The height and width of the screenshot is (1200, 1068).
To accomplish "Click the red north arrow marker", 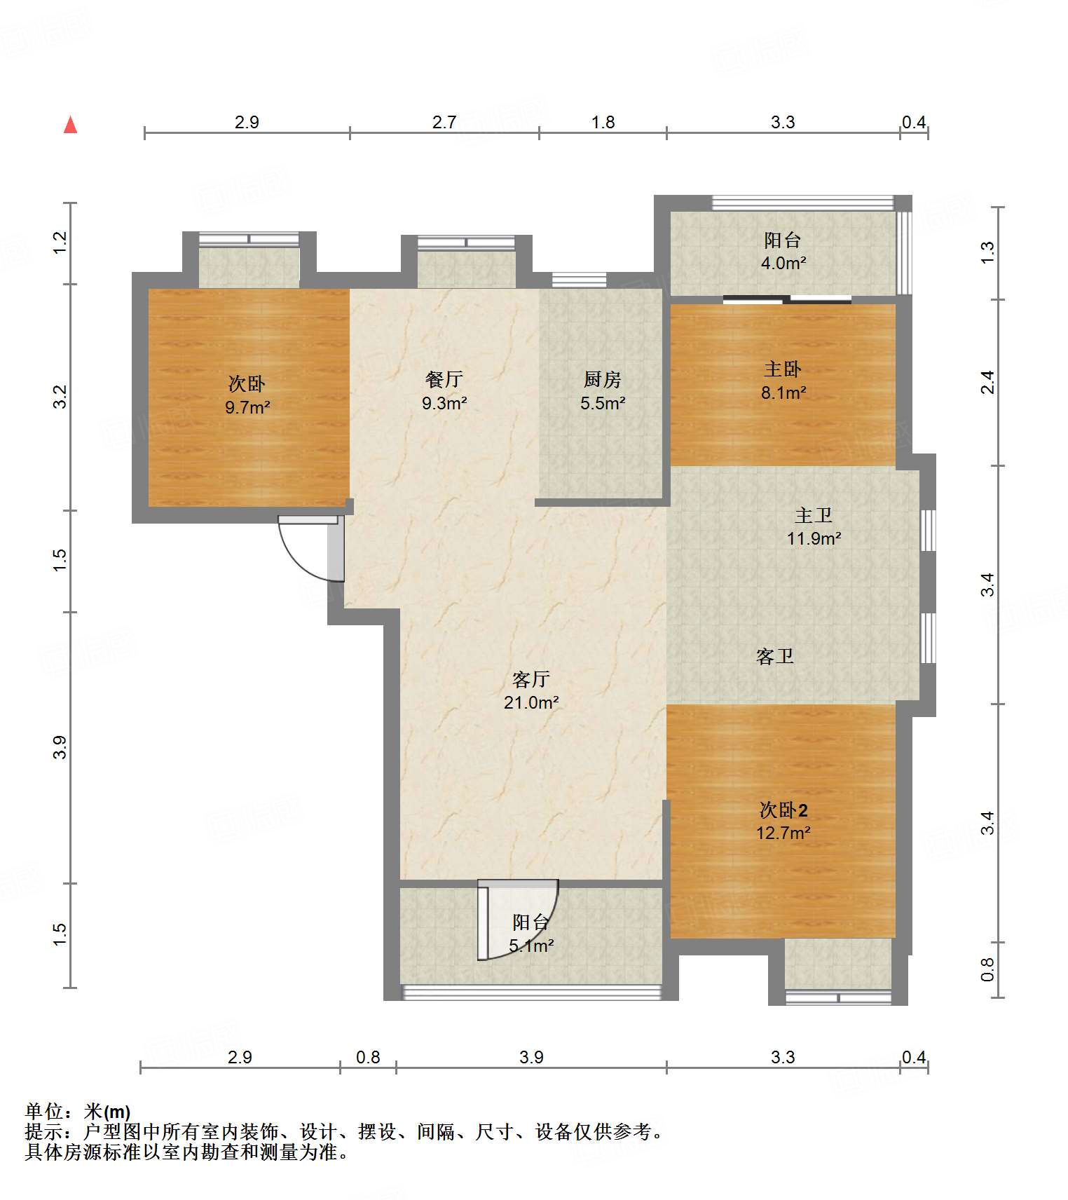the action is coord(70,125).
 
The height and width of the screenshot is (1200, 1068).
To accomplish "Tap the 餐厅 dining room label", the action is coord(444,379).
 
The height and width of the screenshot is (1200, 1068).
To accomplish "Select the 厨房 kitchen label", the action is coord(603,379).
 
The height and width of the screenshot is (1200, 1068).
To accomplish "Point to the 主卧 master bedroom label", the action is coord(783,369).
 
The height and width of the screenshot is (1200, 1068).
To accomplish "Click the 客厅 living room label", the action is coord(531,679).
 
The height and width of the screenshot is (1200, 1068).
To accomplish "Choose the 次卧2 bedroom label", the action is coord(783,810).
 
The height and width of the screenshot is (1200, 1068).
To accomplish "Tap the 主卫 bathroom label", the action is coord(814,515).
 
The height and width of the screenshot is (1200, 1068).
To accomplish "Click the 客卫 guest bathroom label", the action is coord(775,656).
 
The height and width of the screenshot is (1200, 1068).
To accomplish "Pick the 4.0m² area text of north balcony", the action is coord(783,264).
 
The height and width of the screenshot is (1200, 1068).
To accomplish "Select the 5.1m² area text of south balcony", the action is coord(531,946).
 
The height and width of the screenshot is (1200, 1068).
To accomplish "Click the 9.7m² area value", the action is coord(247,407).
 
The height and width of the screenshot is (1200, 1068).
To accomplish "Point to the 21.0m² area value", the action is coord(531,702).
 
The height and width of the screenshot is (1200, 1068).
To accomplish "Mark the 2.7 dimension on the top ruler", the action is coord(444,123).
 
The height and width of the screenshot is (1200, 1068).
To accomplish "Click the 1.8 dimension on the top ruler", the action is coord(603,123).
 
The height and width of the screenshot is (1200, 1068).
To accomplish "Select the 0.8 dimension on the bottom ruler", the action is coord(368,1057).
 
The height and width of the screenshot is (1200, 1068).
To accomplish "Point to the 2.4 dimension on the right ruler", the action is coord(987,382).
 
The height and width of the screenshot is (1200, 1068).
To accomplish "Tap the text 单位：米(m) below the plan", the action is coord(78,1112).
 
